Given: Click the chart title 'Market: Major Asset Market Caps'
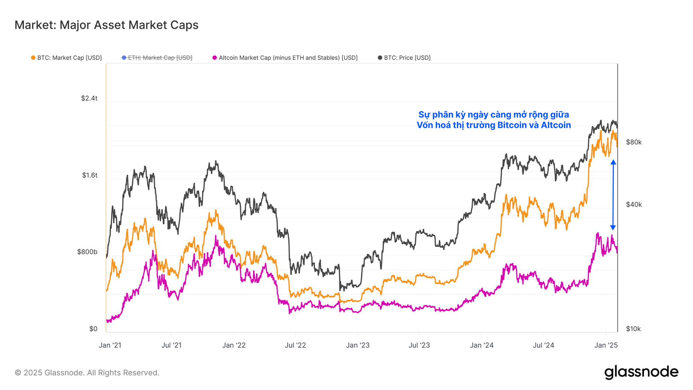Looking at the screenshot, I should (x=106, y=25).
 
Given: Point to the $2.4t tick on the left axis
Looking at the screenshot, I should (x=89, y=98).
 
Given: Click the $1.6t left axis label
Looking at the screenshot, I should (x=89, y=175).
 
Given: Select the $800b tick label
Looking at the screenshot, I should (x=87, y=252).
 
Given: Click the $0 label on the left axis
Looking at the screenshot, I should (x=93, y=329).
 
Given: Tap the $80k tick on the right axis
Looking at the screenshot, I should (x=634, y=142).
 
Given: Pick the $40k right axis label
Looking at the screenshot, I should (x=634, y=205).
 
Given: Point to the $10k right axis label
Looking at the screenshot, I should (x=633, y=329).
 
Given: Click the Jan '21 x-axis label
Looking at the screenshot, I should (x=110, y=345).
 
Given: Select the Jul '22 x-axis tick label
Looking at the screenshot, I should (x=295, y=345).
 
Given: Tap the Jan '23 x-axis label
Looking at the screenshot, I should (x=358, y=345).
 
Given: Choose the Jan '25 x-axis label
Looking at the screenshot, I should (x=606, y=345).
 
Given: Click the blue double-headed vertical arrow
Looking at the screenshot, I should (x=613, y=195).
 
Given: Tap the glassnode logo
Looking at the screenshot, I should (x=641, y=372).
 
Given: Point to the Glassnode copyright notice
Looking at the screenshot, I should (x=87, y=373).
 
